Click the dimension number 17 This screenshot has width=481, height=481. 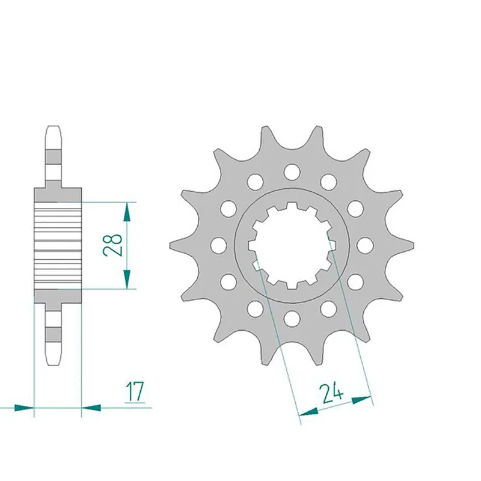coord(135,391)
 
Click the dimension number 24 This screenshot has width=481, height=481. coord(331,394)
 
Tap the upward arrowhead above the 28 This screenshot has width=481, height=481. coord(127,210)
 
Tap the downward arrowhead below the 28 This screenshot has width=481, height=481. coord(127,279)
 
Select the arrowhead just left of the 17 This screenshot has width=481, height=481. coord(91,407)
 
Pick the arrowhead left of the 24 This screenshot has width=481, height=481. coord(308,411)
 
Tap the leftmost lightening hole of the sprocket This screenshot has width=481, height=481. coord(219,245)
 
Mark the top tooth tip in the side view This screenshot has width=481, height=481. coord(53,129)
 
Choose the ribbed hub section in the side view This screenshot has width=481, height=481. coord(58,245)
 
